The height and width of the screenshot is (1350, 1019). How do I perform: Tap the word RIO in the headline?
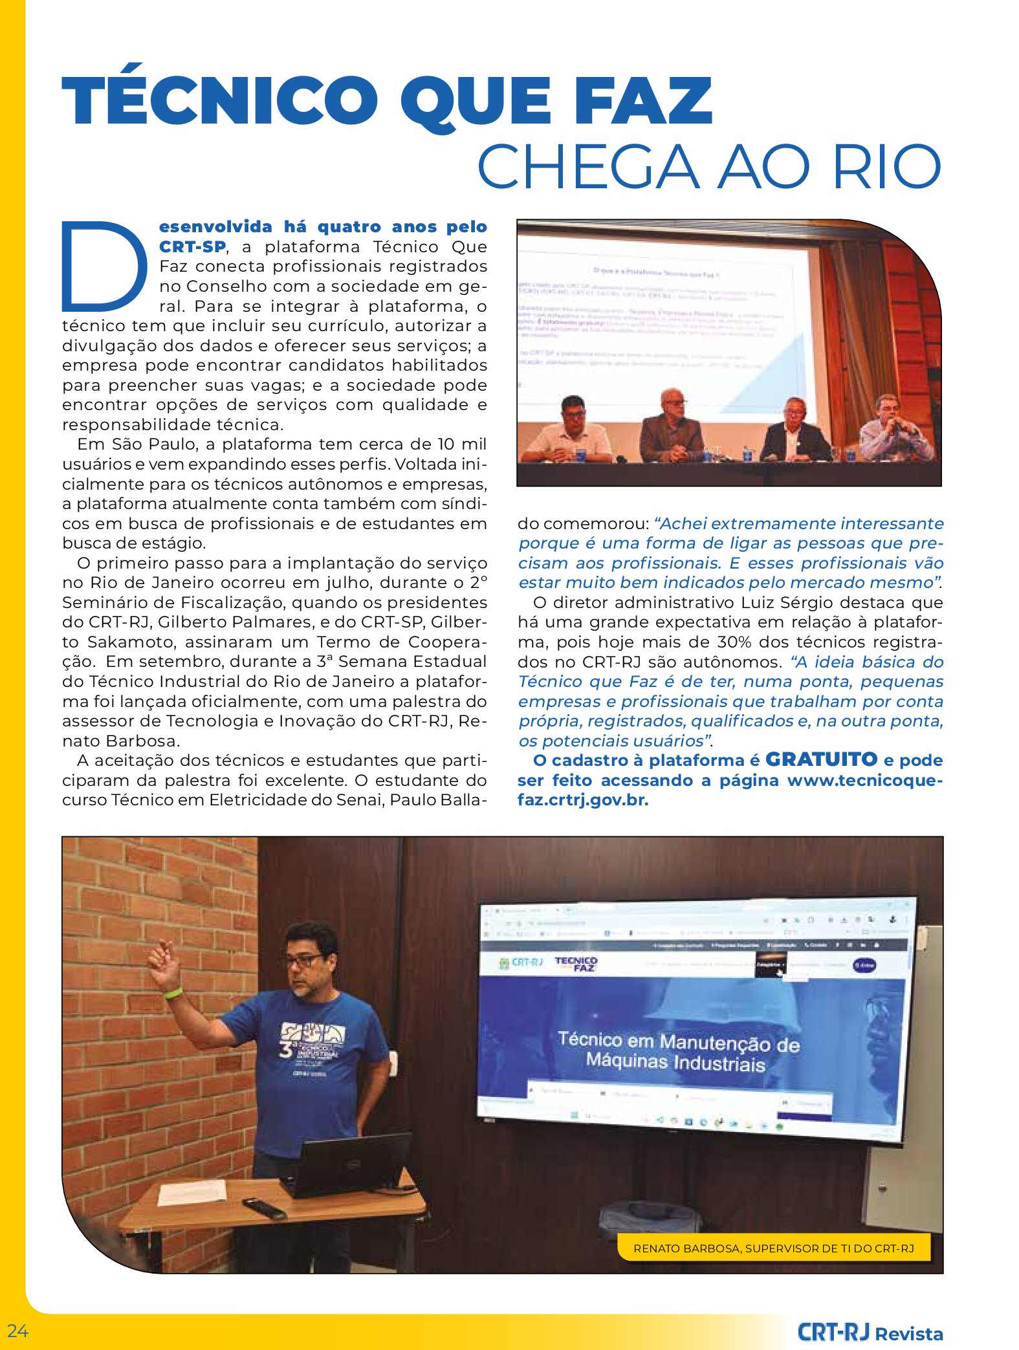(886, 167)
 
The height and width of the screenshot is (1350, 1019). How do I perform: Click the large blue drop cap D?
(104, 265)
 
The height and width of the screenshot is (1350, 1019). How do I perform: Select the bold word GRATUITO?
(821, 759)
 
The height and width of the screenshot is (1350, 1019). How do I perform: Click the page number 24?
(18, 1331)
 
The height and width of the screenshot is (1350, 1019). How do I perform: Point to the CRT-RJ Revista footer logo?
(870, 1333)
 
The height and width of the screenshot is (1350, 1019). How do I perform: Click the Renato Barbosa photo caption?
(774, 1248)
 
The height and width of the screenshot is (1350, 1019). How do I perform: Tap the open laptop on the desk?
(349, 1164)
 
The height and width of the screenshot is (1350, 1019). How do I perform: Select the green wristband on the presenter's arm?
(173, 992)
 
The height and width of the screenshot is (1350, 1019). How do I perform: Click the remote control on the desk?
(264, 1208)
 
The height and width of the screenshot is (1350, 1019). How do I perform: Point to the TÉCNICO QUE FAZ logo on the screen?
(576, 964)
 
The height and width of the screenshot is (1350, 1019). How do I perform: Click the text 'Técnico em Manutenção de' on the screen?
(679, 1041)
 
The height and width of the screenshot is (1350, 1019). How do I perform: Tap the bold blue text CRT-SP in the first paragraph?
(192, 246)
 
